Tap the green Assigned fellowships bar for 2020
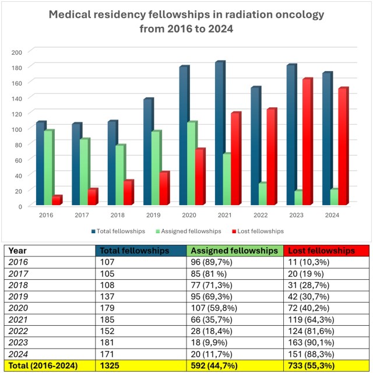pyautogui.click(x=192, y=164)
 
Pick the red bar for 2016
pyautogui.click(x=57, y=200)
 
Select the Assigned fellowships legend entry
pyautogui.click(x=191, y=231)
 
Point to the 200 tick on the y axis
pyautogui.click(x=17, y=52)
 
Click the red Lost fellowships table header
pyautogui.click(x=321, y=251)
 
